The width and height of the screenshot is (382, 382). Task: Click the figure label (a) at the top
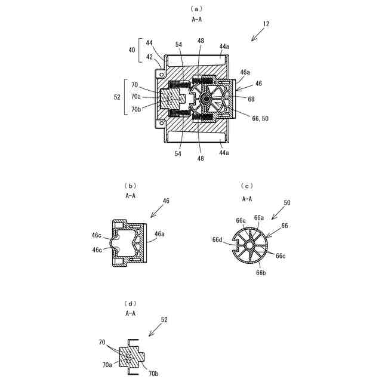(196, 8)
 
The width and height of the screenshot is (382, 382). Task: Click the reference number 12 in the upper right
(266, 24)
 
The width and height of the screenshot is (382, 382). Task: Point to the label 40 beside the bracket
(131, 50)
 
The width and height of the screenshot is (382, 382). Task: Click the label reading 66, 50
(261, 119)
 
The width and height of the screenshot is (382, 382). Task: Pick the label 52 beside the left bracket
(117, 96)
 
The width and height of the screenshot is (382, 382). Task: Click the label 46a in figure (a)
(245, 72)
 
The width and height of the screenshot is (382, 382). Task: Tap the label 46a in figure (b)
(160, 234)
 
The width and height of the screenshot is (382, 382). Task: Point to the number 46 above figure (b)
(166, 201)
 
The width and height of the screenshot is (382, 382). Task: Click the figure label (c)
(247, 186)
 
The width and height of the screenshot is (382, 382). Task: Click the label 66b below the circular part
(261, 272)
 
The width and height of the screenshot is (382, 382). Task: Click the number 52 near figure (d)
(164, 319)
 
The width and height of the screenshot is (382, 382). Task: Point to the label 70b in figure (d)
(152, 374)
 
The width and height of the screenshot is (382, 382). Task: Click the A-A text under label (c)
(247, 199)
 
